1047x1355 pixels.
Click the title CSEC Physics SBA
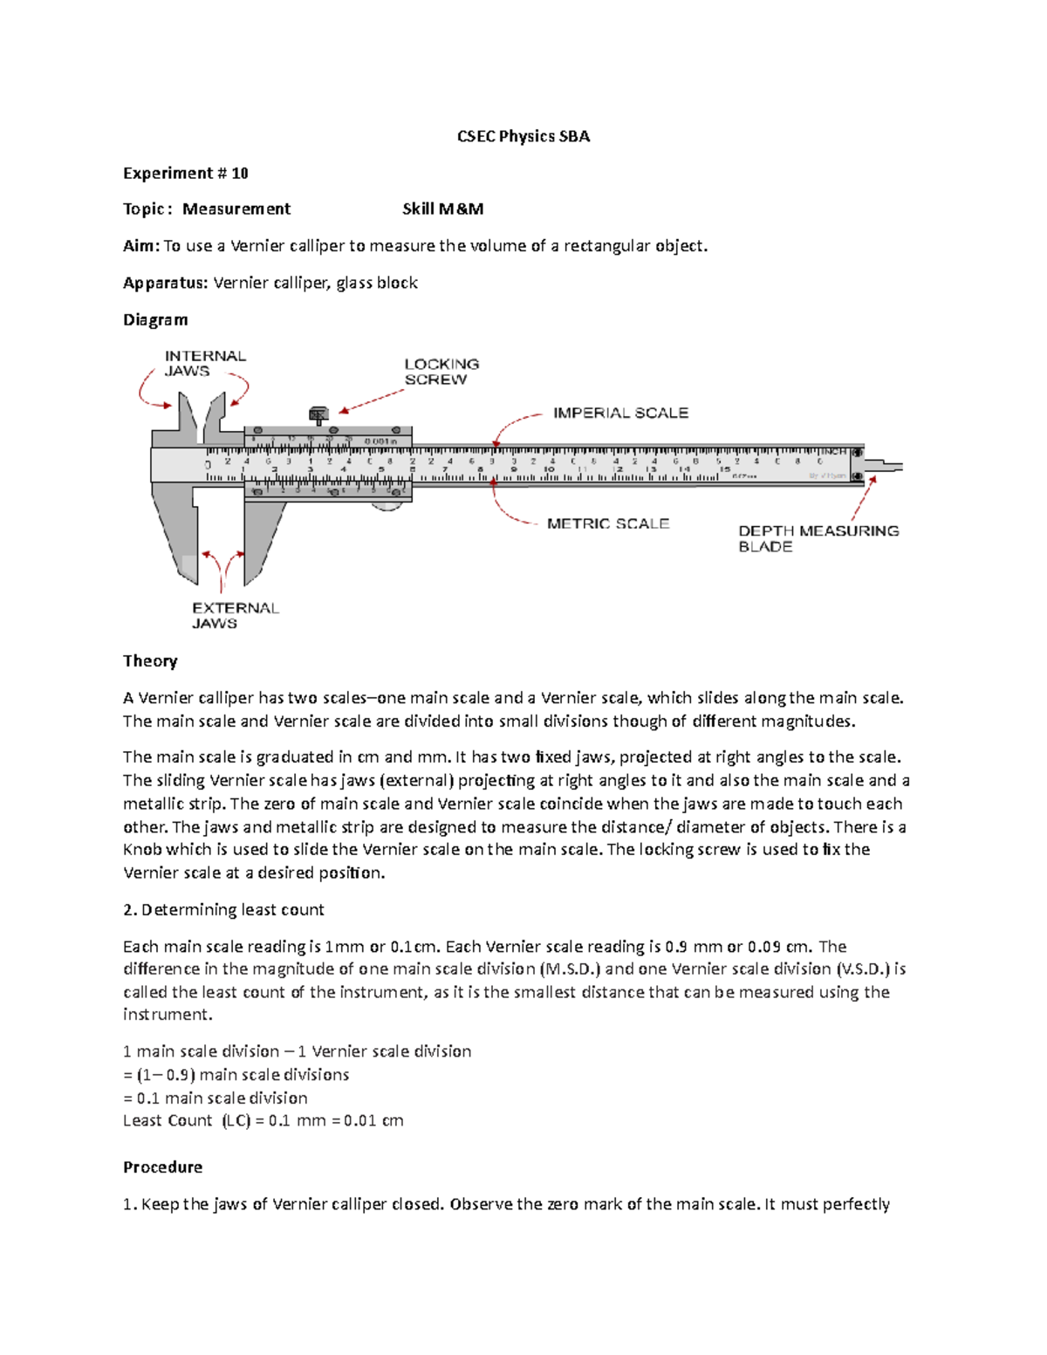click(523, 136)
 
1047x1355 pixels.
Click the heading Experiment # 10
click(186, 173)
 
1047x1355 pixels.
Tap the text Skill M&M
click(442, 209)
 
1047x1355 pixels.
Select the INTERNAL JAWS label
click(205, 363)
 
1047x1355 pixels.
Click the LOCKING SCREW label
click(441, 372)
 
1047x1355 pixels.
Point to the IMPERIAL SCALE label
click(620, 413)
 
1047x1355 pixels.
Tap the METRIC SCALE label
click(608, 524)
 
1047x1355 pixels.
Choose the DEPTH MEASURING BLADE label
click(818, 538)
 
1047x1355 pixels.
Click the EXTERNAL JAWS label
click(235, 615)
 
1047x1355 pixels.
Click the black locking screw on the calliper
click(318, 414)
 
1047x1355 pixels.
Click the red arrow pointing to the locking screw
click(371, 401)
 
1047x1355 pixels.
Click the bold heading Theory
click(150, 660)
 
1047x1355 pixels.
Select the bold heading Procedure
click(162, 1167)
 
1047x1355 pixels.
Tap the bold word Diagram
click(155, 319)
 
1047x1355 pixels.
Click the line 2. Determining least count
click(223, 909)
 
